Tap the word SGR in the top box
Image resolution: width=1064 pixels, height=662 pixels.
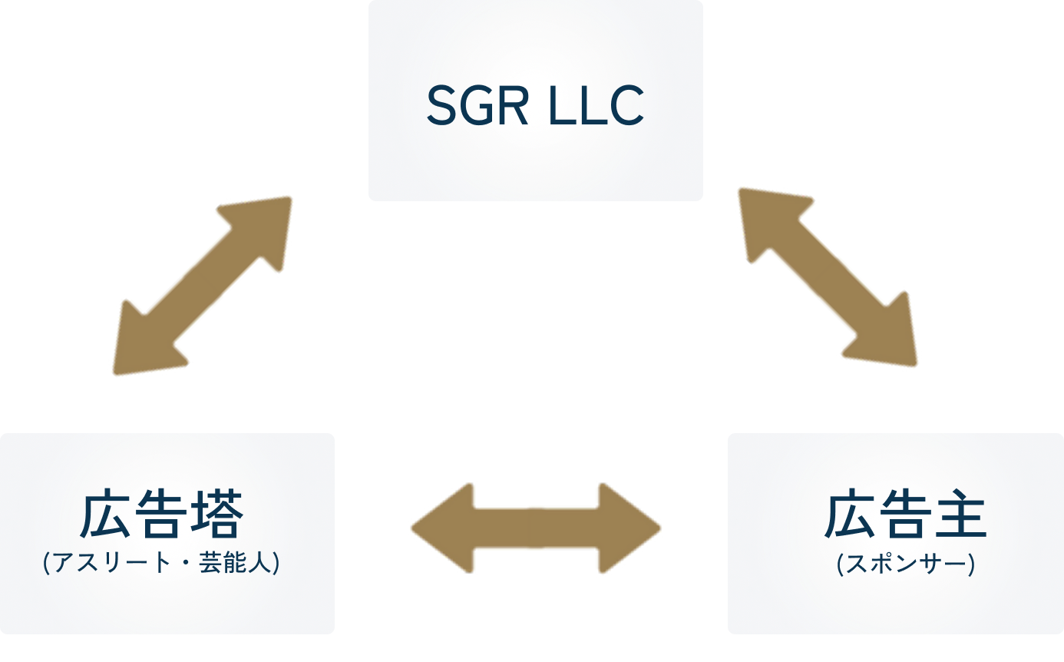(477, 106)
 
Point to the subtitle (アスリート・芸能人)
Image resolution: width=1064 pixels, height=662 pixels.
(161, 564)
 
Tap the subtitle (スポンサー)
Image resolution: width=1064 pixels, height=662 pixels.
(905, 565)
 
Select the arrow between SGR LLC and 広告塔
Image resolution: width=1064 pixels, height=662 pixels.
(203, 286)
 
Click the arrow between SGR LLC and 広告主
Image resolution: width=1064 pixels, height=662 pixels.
(828, 276)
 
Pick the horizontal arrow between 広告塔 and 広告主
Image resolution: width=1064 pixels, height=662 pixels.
(535, 528)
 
